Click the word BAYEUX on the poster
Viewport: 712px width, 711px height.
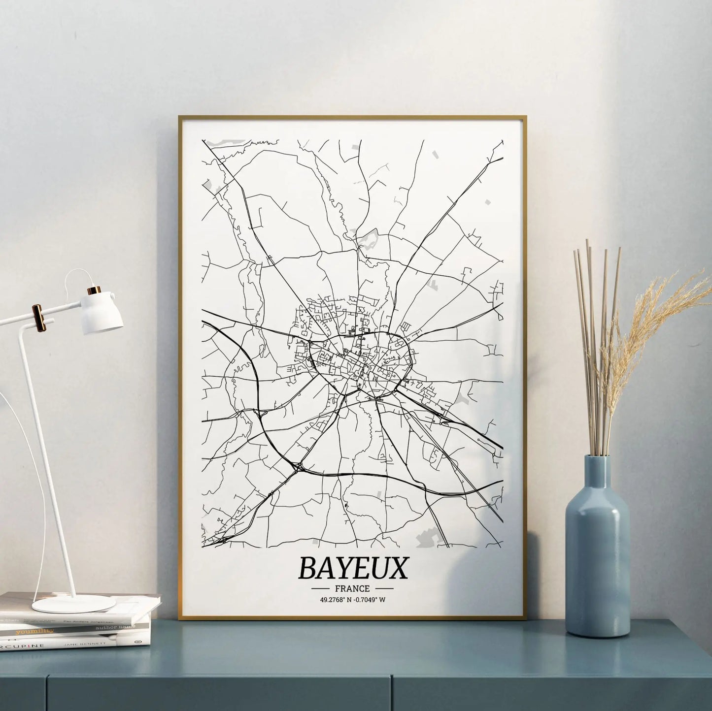pyautogui.click(x=353, y=569)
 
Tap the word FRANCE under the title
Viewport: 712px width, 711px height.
pyautogui.click(x=352, y=588)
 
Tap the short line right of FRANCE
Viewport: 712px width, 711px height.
pyautogui.click(x=383, y=588)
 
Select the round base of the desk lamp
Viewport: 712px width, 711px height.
pyautogui.click(x=74, y=603)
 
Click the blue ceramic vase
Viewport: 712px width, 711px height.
pyautogui.click(x=597, y=566)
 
